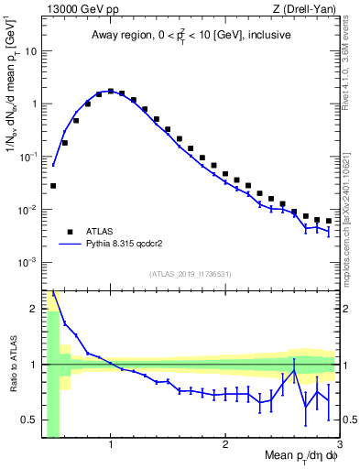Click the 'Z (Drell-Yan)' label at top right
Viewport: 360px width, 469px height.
tap(305, 8)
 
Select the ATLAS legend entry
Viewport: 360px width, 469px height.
tap(101, 232)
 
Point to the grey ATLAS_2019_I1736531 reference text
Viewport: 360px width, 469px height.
tap(190, 274)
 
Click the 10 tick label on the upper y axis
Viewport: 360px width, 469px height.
tap(31, 50)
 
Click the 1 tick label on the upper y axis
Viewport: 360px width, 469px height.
tap(34, 104)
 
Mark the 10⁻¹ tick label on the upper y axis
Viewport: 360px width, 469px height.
tap(28, 156)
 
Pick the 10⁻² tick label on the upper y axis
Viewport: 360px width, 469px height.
tap(28, 209)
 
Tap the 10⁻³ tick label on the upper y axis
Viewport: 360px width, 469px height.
tap(28, 262)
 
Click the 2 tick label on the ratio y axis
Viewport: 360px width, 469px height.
tap(34, 308)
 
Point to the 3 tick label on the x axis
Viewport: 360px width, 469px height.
tap(339, 443)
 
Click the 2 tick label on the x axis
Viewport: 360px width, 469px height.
tap(225, 443)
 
